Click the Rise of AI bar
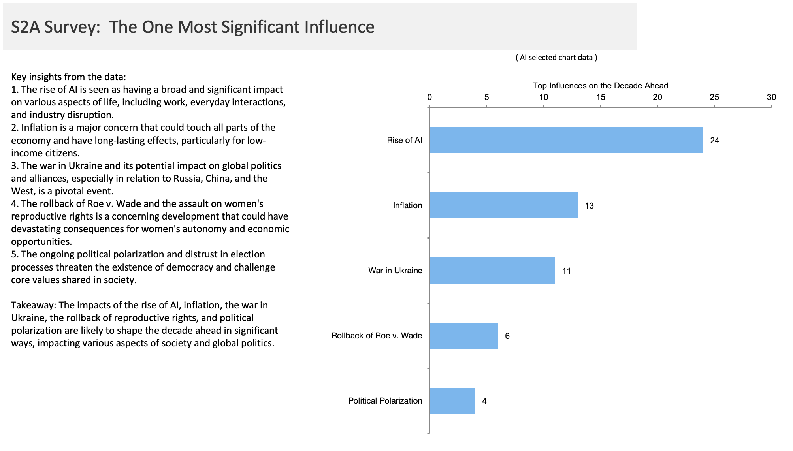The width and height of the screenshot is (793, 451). pyautogui.click(x=566, y=140)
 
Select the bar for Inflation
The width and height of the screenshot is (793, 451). pyautogui.click(x=504, y=205)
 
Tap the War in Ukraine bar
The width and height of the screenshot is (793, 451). pyautogui.click(x=492, y=271)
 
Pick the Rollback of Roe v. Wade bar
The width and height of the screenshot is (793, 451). pyautogui.click(x=464, y=336)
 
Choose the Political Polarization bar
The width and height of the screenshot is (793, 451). pyautogui.click(x=452, y=401)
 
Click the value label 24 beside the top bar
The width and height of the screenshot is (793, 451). pyautogui.click(x=714, y=141)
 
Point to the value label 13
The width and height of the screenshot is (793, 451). pyautogui.click(x=589, y=206)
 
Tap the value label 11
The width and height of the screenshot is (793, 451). pyautogui.click(x=566, y=271)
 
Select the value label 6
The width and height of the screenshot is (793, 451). pyautogui.click(x=507, y=336)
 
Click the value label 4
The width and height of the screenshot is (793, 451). pyautogui.click(x=484, y=401)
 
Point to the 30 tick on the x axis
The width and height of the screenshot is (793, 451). pyautogui.click(x=771, y=97)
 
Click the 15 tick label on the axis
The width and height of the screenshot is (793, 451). pyautogui.click(x=601, y=97)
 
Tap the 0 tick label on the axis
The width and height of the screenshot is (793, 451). pyautogui.click(x=429, y=97)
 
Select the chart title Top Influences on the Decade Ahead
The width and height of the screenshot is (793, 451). pyautogui.click(x=600, y=86)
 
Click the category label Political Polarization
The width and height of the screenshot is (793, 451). pyautogui.click(x=385, y=401)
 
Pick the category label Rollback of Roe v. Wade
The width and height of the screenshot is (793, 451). pyautogui.click(x=377, y=336)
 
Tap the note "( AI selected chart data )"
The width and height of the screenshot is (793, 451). pyautogui.click(x=556, y=58)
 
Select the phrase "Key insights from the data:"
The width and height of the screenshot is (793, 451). pyautogui.click(x=68, y=77)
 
